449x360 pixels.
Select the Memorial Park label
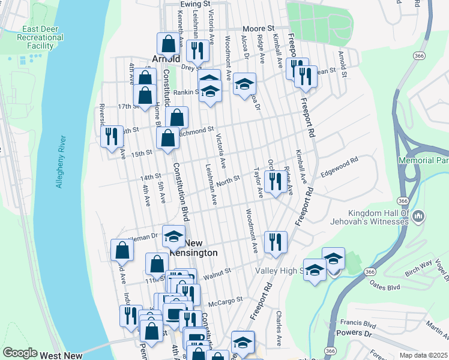click(424, 161)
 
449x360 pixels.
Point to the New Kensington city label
click(193, 248)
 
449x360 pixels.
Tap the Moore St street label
click(258, 28)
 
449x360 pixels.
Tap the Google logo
click(20, 353)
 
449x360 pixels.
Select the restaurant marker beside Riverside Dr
click(110, 136)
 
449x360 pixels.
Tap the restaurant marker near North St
click(276, 180)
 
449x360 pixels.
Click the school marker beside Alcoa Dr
click(244, 83)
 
